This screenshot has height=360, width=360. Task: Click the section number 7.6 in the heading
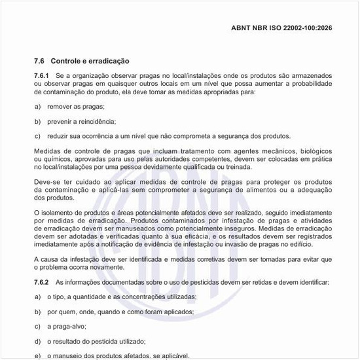point(39,60)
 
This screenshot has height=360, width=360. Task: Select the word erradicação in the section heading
point(107,60)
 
